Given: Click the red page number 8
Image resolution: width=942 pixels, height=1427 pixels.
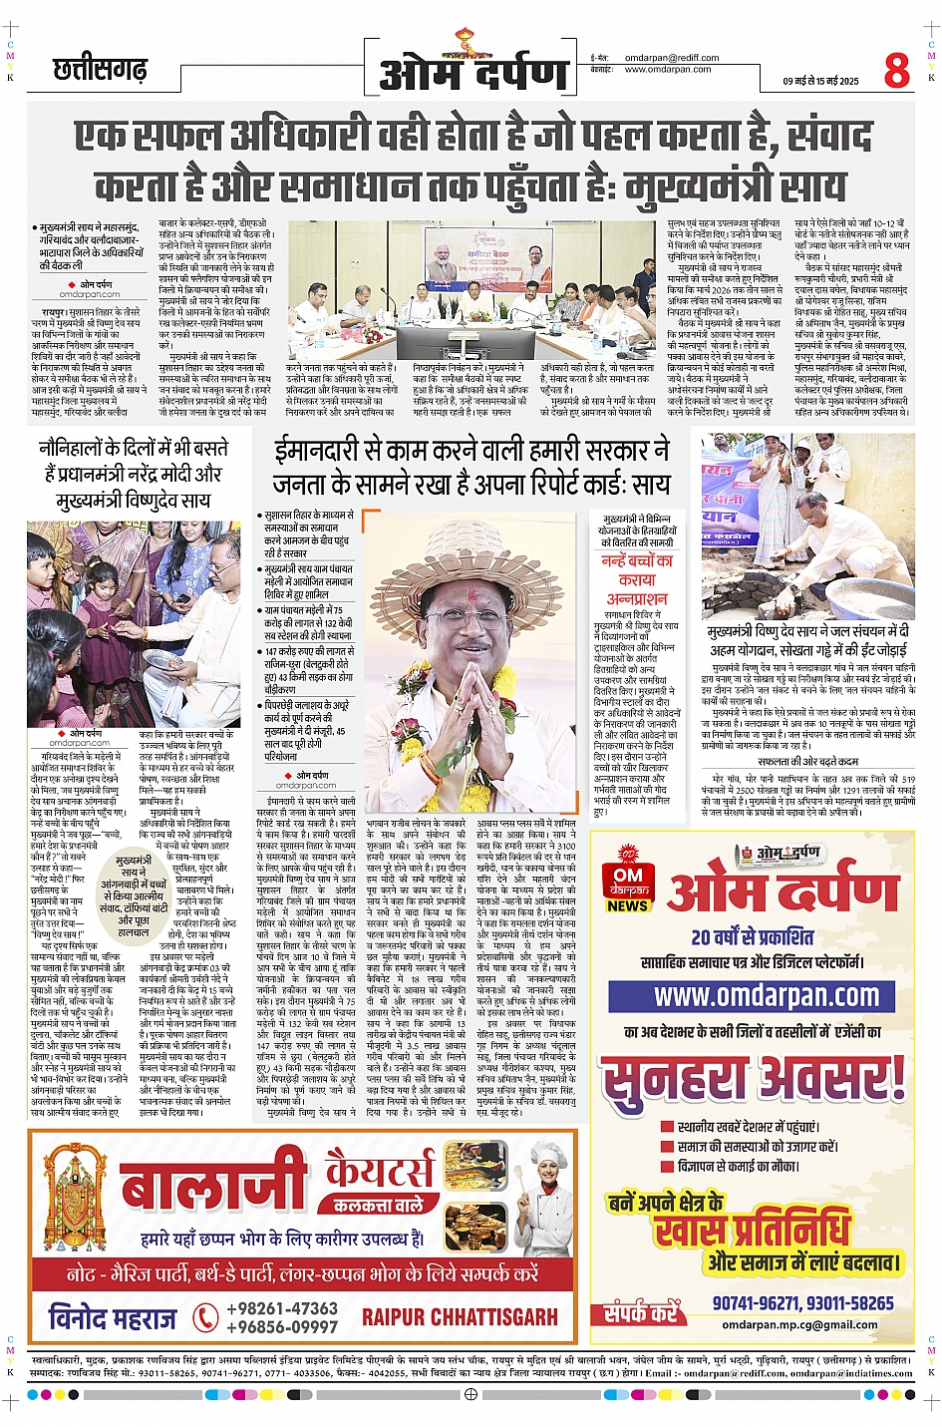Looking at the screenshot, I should pyautogui.click(x=896, y=70).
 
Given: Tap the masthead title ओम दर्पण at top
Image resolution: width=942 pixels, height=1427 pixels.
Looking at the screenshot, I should pyautogui.click(x=473, y=73).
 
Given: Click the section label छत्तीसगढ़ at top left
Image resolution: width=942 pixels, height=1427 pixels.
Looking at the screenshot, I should pyautogui.click(x=100, y=70).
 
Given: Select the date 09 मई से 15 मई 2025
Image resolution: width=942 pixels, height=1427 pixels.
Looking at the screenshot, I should pyautogui.click(x=820, y=82).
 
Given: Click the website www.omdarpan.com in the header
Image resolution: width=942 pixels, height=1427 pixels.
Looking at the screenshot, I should pyautogui.click(x=668, y=70).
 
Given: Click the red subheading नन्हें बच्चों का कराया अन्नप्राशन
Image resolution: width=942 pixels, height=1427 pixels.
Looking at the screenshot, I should pyautogui.click(x=637, y=579).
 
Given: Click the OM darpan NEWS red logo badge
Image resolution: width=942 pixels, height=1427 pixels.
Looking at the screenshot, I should pyautogui.click(x=629, y=883).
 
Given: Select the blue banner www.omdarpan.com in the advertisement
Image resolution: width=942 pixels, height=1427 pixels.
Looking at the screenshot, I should pyautogui.click(x=766, y=996).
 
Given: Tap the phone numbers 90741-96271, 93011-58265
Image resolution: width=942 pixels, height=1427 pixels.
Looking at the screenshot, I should pyautogui.click(x=802, y=1303).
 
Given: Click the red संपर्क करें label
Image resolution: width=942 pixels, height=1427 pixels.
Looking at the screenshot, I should pyautogui.click(x=640, y=1313).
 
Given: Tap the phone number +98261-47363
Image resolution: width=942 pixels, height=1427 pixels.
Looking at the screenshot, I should pyautogui.click(x=282, y=1308).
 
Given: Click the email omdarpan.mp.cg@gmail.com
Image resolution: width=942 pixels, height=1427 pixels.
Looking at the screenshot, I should pyautogui.click(x=799, y=1325).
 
